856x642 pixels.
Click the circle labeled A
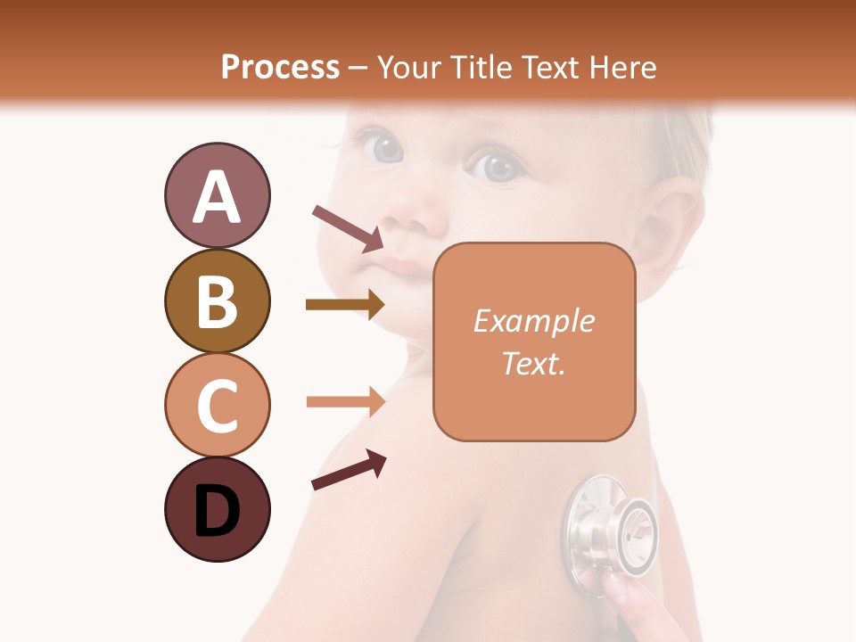(217, 195)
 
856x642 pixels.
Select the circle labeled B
(217, 300)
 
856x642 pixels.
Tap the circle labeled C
(217, 404)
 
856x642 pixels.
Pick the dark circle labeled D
(217, 509)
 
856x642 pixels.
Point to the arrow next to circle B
(345, 305)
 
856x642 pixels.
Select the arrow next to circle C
(345, 402)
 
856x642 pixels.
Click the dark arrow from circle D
(349, 471)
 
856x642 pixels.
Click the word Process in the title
(280, 67)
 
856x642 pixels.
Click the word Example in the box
(533, 321)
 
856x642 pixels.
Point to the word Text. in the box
(533, 364)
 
